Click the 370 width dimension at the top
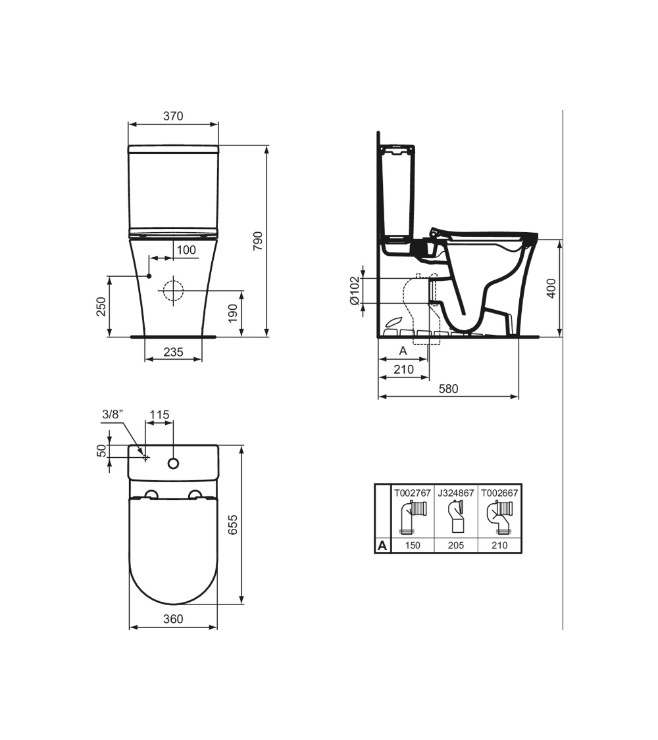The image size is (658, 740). click(173, 116)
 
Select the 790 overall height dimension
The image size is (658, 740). click(258, 241)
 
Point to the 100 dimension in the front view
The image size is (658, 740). click(186, 250)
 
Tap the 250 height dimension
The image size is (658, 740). click(101, 307)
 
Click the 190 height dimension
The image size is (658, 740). click(233, 314)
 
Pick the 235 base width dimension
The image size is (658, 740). click(173, 352)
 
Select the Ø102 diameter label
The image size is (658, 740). click(355, 290)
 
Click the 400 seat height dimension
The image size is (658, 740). click(551, 288)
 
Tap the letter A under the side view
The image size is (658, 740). click(403, 351)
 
